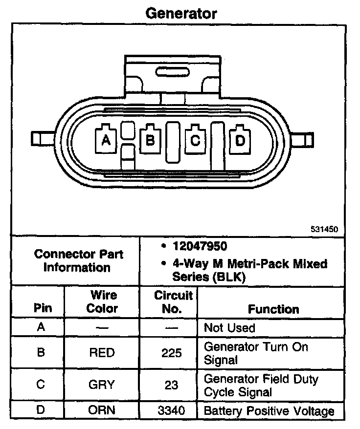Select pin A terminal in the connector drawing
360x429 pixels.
coord(105,141)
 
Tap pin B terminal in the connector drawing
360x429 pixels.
coord(150,141)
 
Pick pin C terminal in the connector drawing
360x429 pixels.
coord(195,141)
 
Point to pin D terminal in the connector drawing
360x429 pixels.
coord(240,141)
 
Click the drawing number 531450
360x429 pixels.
coord(324,228)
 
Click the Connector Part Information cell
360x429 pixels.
coord(78,261)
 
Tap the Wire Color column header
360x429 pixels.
coord(103,301)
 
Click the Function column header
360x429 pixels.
coord(273,309)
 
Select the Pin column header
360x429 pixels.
coord(43,309)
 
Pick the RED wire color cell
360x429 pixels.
coord(102,353)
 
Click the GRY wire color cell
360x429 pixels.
coord(102,385)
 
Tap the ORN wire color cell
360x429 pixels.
coord(102,410)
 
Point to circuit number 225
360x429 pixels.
coord(171,353)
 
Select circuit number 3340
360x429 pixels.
coord(171,410)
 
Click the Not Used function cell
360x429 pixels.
coord(229,327)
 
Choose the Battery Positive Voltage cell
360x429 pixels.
coord(269,411)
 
